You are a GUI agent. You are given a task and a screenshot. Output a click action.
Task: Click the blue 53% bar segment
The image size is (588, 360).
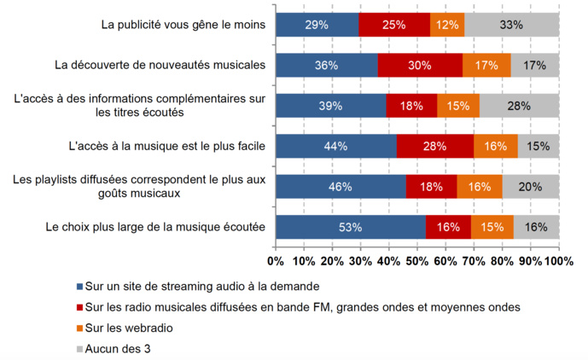[x=351, y=227]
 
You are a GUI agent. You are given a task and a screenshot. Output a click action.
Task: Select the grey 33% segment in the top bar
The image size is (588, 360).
[x=511, y=25]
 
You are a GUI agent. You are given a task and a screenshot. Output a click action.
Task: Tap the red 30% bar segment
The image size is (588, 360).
[x=419, y=65]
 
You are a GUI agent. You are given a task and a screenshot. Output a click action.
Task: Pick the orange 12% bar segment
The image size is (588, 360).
[x=447, y=25]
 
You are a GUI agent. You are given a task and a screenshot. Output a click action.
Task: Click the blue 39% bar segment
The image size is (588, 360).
[x=330, y=106]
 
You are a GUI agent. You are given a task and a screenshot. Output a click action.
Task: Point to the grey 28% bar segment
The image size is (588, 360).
[x=518, y=106]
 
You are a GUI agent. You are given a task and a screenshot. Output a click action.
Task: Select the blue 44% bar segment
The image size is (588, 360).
[x=336, y=146]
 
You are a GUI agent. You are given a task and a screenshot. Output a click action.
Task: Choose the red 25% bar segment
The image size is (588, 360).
[x=393, y=25]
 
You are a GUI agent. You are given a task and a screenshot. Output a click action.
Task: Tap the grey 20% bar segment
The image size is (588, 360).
[x=530, y=187]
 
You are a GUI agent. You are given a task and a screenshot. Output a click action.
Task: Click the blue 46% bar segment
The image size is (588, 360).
[x=341, y=187]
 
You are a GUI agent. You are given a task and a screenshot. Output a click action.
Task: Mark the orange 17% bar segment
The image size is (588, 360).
[x=486, y=65]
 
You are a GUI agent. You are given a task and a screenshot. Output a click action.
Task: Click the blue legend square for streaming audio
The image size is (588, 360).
[x=80, y=286]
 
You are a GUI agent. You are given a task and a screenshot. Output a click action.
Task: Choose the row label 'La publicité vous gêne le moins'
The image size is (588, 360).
[x=183, y=25]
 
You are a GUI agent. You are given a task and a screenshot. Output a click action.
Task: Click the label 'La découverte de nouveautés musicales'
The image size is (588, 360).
[x=160, y=65]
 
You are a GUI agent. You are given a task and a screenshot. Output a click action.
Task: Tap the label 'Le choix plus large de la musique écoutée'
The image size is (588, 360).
[x=154, y=227]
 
